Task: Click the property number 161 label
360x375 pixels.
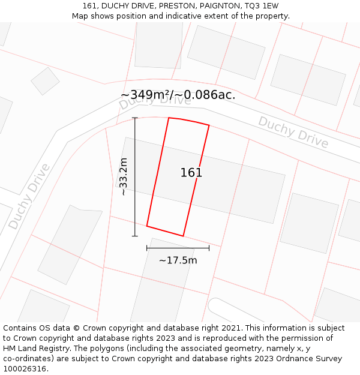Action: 191,173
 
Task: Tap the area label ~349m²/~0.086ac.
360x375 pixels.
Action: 178,95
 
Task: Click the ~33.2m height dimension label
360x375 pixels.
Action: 124,176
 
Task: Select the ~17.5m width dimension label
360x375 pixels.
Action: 178,260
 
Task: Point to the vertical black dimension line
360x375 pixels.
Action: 135,180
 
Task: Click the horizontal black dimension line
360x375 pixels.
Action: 178,248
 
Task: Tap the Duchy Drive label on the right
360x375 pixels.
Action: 293,132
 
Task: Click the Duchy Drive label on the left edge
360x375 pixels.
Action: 29,196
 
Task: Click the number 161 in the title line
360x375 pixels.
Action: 90,6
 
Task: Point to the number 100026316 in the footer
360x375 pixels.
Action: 23,368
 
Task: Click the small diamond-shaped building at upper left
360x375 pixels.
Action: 45,80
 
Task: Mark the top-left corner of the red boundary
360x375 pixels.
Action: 169,118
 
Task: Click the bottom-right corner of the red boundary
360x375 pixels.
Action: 183,236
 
